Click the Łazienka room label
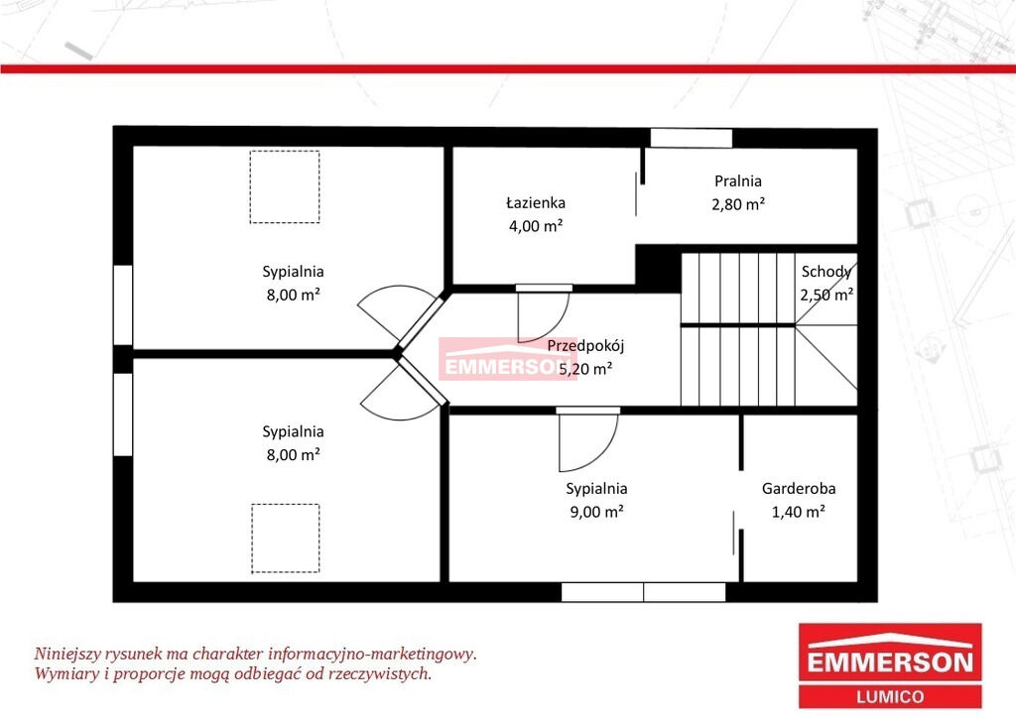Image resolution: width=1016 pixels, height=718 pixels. [535, 202]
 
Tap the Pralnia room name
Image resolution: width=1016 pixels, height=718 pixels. [738, 181]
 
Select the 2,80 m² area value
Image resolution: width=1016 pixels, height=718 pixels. [738, 204]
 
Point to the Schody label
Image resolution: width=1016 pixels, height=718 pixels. [826, 272]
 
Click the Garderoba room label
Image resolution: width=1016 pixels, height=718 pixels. [799, 488]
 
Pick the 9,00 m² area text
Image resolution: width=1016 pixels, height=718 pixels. [596, 512]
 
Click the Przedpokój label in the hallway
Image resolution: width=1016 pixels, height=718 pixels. [585, 346]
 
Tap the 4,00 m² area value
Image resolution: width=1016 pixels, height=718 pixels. [535, 226]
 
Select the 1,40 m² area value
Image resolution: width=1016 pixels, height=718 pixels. [799, 512]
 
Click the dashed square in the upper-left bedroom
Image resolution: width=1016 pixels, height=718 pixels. [285, 151]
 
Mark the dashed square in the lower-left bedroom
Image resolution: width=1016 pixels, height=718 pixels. [285, 505]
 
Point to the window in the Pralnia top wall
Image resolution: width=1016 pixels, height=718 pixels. [692, 138]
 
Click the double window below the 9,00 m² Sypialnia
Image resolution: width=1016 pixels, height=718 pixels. [643, 592]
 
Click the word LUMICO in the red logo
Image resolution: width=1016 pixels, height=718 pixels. [890, 696]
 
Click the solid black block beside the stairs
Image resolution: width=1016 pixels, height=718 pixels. [658, 268]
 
